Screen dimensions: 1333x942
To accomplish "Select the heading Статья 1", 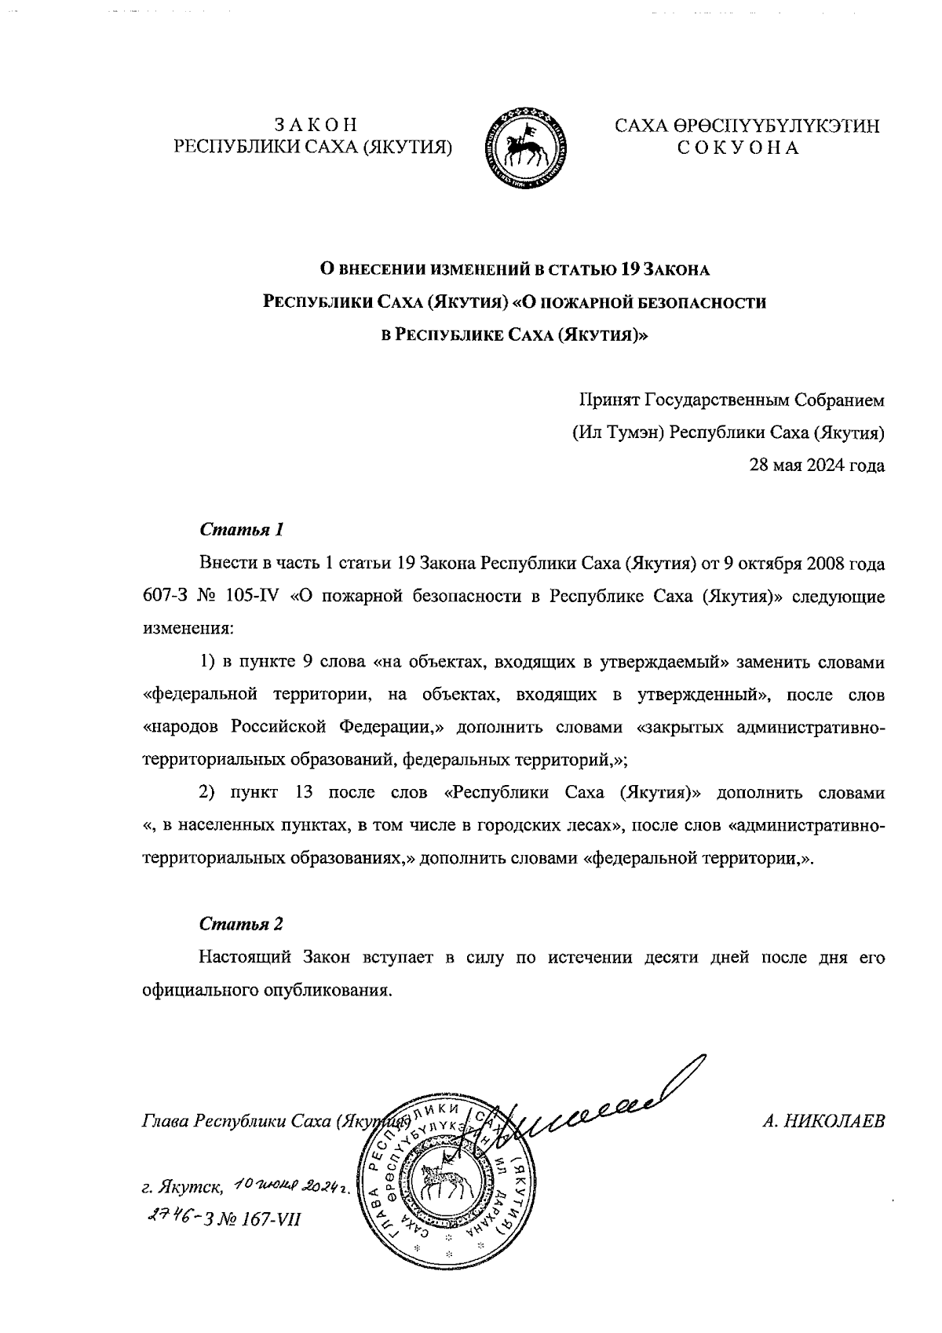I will [x=240, y=529].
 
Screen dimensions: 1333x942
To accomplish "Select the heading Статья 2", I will [x=240, y=923].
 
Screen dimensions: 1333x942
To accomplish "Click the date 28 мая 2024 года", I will [x=817, y=466].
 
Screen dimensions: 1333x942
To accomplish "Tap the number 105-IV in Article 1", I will [x=246, y=597].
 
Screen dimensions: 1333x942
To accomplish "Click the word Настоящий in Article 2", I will [x=246, y=958].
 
